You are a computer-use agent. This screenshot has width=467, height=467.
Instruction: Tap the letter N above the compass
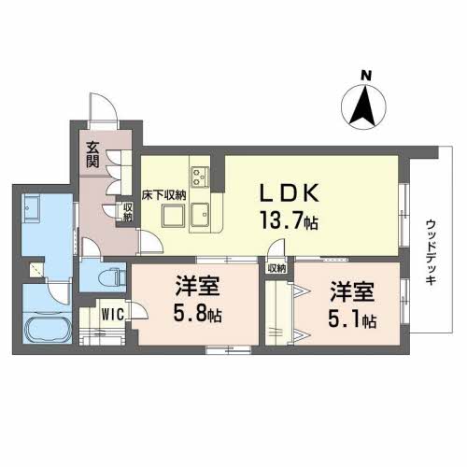[x=367, y=74]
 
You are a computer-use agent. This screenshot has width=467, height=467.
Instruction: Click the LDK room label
[x=290, y=193]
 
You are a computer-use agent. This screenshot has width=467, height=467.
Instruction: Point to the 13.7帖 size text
[x=290, y=222]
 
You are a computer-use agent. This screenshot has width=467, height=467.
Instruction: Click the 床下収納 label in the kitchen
[x=163, y=196]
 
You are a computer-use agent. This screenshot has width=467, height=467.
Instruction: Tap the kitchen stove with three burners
[x=200, y=174]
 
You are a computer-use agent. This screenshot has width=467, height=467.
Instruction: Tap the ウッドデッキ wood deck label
[x=431, y=253]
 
